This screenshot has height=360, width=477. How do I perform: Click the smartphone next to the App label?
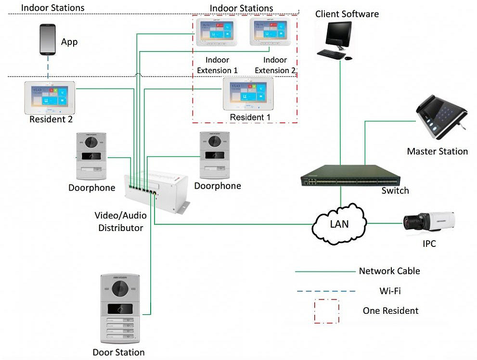point(47,41)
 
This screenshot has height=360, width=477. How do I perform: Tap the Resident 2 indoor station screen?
point(50,97)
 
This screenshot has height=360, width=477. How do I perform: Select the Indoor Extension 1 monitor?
point(217,33)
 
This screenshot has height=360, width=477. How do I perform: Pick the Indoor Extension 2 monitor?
point(271,33)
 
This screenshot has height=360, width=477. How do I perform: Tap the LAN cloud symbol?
point(339,223)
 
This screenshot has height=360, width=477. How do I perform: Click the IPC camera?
point(429,222)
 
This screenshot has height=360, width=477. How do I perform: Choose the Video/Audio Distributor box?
point(155,190)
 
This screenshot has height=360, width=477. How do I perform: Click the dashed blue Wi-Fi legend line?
point(325,291)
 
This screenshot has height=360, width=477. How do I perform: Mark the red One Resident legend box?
point(326,311)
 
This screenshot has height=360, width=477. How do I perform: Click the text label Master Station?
point(437,152)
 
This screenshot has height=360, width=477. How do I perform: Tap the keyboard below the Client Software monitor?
point(331,54)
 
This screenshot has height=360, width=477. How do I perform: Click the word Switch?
point(395,191)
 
